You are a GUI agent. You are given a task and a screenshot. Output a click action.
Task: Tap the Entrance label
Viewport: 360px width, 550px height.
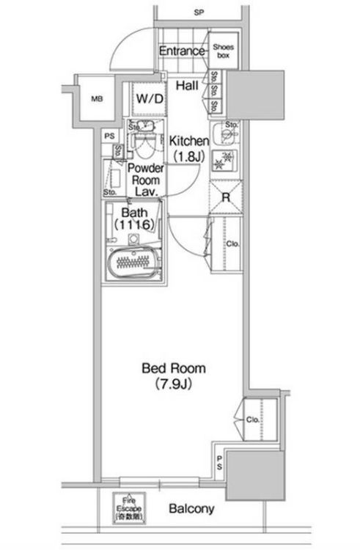[x=181, y=52]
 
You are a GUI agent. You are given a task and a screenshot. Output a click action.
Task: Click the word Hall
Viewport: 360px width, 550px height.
[x=188, y=86]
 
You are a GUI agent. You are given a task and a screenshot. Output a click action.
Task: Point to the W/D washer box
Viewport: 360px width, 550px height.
[x=150, y=98]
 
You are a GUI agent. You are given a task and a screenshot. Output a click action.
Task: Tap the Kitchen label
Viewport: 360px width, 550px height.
[x=190, y=140]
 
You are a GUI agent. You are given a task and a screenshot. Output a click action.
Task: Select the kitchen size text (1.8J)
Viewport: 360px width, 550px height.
[x=190, y=155]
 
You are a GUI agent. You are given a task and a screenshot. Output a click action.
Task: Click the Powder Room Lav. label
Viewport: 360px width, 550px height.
[x=146, y=178]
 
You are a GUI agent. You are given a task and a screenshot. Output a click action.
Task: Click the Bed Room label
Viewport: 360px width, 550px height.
[x=173, y=368]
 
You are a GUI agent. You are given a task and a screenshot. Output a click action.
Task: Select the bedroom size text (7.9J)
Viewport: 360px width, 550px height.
[x=173, y=384]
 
